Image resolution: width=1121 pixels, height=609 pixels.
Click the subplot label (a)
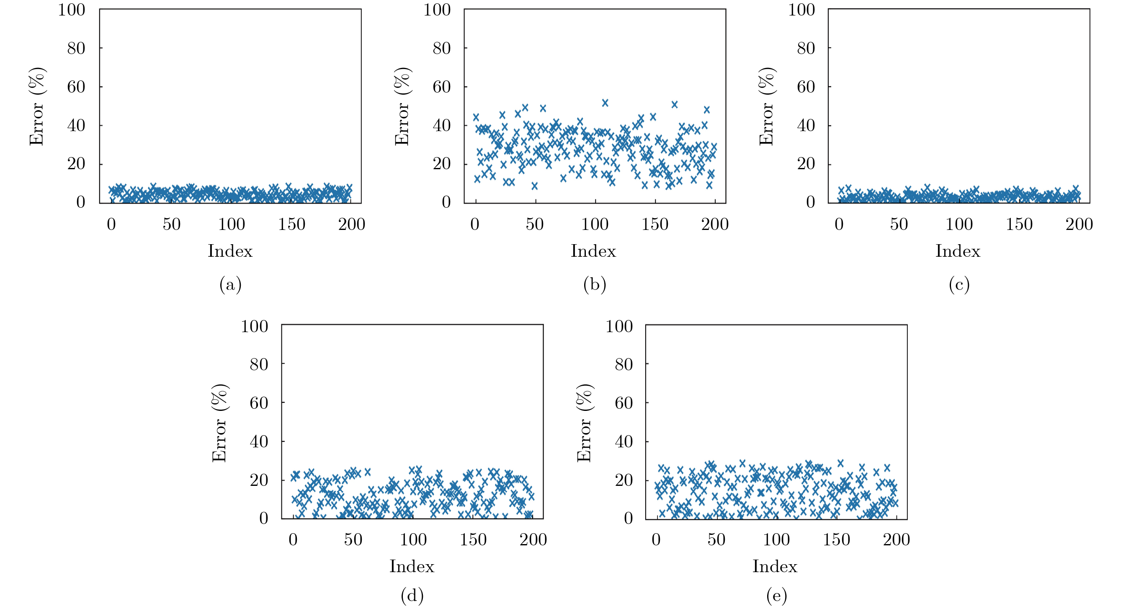230,285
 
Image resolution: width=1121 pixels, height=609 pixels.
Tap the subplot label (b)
595,285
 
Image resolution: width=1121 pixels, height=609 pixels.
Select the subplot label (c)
959,285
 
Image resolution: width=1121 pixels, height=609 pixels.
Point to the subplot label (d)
412,596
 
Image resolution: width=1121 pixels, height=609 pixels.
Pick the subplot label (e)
776,596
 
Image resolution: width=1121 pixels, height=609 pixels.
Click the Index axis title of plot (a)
230,251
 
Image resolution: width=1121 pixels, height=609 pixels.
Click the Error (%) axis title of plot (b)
402,106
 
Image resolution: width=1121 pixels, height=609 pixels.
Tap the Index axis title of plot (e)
775,566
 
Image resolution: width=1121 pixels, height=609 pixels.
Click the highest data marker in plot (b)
605,103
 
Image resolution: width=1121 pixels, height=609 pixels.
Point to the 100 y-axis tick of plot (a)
71,10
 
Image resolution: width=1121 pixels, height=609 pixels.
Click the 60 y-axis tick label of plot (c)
806,87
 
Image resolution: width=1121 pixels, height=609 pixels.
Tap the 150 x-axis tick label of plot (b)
655,225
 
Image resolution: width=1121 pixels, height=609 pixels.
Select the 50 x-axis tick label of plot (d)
353,540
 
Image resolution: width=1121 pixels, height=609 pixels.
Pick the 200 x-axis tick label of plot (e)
896,540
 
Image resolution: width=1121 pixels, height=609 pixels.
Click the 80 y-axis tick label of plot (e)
624,364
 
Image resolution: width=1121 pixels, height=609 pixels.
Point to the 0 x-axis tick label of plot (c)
839,225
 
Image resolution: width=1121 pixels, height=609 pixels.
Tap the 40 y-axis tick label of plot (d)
258,442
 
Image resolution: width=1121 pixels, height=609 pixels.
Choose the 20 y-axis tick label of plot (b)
441,164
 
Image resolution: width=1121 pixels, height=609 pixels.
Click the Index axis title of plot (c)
957,251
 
